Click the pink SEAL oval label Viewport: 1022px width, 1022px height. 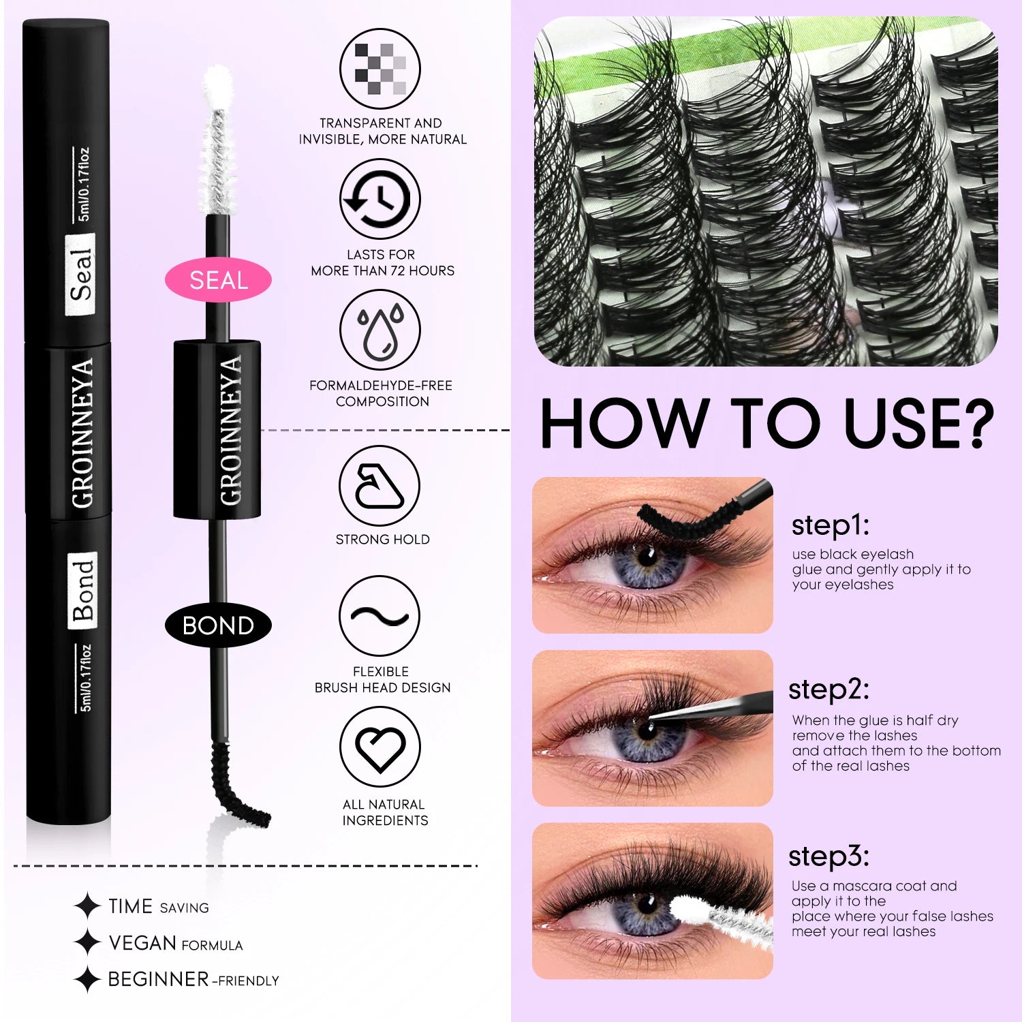tap(218, 280)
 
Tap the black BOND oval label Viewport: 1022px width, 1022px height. tap(218, 625)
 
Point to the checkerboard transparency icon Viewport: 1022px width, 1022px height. tap(380, 69)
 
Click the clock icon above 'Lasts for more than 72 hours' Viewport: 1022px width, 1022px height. tap(380, 199)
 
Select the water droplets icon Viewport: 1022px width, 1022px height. tap(380, 330)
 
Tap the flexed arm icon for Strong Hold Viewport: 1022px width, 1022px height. tap(380, 486)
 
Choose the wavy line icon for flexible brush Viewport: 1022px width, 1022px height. tap(380, 617)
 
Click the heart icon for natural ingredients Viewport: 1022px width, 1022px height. tap(380, 747)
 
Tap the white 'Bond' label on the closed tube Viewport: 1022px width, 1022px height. tap(82, 590)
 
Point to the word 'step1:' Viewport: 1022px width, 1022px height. tap(830, 526)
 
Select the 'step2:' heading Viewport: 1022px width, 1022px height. tap(829, 690)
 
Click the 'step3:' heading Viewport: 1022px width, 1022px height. tap(829, 856)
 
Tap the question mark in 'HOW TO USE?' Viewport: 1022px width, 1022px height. tap(970, 424)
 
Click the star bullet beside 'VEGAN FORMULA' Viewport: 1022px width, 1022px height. tap(87, 943)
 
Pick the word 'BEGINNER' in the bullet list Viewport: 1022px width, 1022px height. tap(157, 979)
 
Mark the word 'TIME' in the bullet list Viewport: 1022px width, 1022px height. tap(130, 906)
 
